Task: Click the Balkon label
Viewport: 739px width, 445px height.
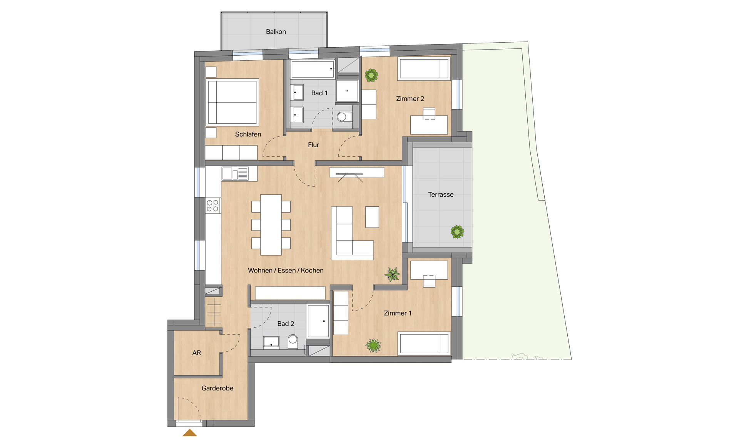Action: (x=276, y=32)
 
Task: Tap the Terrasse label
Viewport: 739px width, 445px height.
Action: (x=441, y=195)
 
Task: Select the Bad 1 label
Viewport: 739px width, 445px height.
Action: (x=319, y=93)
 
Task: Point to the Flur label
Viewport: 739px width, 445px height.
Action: (x=313, y=145)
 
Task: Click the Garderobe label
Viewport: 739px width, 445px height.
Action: (x=217, y=389)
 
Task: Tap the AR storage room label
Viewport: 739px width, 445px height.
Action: (x=197, y=353)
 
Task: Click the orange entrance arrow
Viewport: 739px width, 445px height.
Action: (x=189, y=433)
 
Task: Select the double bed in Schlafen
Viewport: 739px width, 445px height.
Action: (x=232, y=102)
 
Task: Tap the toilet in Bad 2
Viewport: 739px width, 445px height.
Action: (x=293, y=341)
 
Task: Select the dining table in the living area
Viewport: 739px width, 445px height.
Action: (x=271, y=225)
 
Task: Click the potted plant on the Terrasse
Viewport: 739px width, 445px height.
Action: (x=457, y=232)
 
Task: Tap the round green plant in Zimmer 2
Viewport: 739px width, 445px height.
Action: (x=371, y=75)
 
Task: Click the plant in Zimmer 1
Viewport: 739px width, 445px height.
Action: (x=373, y=345)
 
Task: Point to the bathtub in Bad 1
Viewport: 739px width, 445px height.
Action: (x=313, y=69)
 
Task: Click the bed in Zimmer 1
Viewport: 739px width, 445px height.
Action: (x=424, y=343)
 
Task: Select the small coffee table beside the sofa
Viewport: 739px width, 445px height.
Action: (x=372, y=217)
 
